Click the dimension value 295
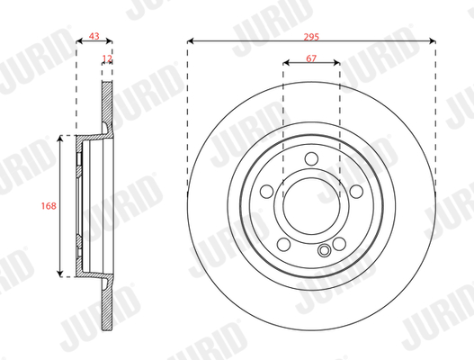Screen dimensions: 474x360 point(311,37)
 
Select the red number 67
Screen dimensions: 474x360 point(311,58)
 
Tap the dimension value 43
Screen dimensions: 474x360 point(94,36)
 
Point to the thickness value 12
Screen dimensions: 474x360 point(107,58)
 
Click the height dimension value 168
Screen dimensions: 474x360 point(49,206)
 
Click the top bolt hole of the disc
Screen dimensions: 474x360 point(311,158)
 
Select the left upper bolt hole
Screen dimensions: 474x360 point(267,191)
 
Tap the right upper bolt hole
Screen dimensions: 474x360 point(356,191)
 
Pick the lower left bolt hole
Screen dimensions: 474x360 point(284,244)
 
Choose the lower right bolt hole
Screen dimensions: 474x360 point(339,244)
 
